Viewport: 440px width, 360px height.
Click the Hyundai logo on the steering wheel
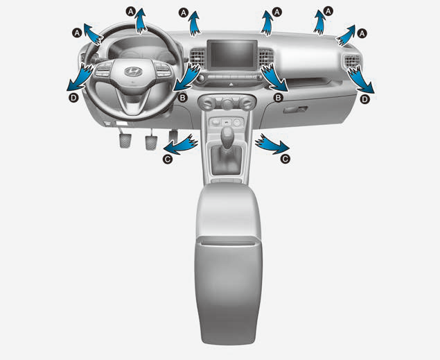[133, 71]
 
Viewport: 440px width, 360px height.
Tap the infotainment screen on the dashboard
[232, 55]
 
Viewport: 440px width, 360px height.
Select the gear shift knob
[227, 135]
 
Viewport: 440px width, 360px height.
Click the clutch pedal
[125, 141]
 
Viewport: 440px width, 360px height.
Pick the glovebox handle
[295, 110]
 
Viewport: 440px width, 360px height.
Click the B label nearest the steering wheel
[183, 98]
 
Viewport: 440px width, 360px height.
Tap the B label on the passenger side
[278, 98]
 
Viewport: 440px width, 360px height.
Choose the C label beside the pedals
[168, 160]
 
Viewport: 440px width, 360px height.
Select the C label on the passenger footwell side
[285, 160]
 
